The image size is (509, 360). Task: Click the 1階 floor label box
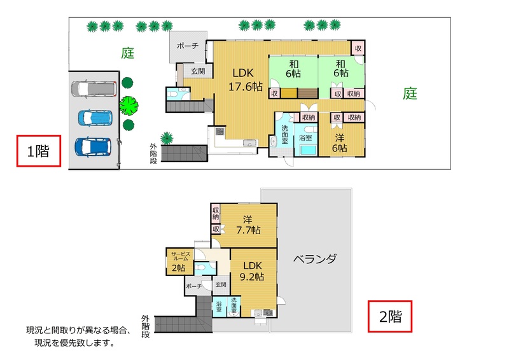coord(39,151)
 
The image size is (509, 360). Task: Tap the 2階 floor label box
coord(390,316)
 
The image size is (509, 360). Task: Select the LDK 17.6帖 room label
coord(245,80)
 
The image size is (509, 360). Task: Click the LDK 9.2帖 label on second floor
coord(252,271)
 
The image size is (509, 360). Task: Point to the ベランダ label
coord(315,259)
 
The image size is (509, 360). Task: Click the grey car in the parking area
coord(94,88)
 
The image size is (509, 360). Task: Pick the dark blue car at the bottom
coord(93,147)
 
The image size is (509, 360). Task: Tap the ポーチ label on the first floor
coord(188,46)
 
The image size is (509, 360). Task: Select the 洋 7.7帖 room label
coord(248,225)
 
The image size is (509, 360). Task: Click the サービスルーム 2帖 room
coord(180,262)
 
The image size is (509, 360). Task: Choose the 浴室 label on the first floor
coord(305,137)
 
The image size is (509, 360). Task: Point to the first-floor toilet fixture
coord(174,93)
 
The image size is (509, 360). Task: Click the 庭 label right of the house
coord(410,93)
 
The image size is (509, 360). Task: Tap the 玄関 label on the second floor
coord(221,284)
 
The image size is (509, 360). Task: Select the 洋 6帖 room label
coord(340,143)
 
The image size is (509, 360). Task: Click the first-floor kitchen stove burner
coord(220,132)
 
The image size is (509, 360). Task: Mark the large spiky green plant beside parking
coord(129,106)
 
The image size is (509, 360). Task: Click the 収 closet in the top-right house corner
coord(358,48)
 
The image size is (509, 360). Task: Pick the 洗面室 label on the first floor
coord(284,134)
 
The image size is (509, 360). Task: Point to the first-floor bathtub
coord(308,149)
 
